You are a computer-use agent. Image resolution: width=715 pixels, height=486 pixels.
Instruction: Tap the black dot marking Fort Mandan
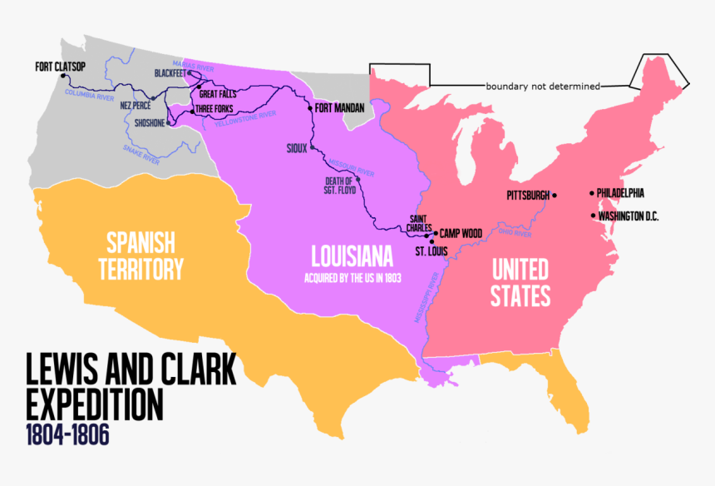click(x=310, y=108)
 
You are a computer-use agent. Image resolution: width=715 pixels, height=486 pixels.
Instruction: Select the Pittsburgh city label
click(x=528, y=196)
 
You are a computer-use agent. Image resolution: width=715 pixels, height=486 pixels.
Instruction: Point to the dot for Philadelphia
click(x=592, y=193)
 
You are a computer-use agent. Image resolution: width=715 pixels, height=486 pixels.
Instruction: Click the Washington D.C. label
click(x=629, y=216)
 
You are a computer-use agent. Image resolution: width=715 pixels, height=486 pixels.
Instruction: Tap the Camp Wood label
click(x=461, y=233)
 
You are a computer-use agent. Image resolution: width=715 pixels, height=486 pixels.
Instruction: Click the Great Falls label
click(x=214, y=94)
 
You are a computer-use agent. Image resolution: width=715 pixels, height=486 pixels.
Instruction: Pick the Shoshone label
click(x=150, y=123)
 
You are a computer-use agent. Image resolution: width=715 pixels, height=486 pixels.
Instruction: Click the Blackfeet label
click(x=170, y=73)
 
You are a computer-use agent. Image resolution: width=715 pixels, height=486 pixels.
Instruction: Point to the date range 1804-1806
click(x=67, y=435)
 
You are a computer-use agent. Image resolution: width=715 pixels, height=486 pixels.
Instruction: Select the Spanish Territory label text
click(x=141, y=255)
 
